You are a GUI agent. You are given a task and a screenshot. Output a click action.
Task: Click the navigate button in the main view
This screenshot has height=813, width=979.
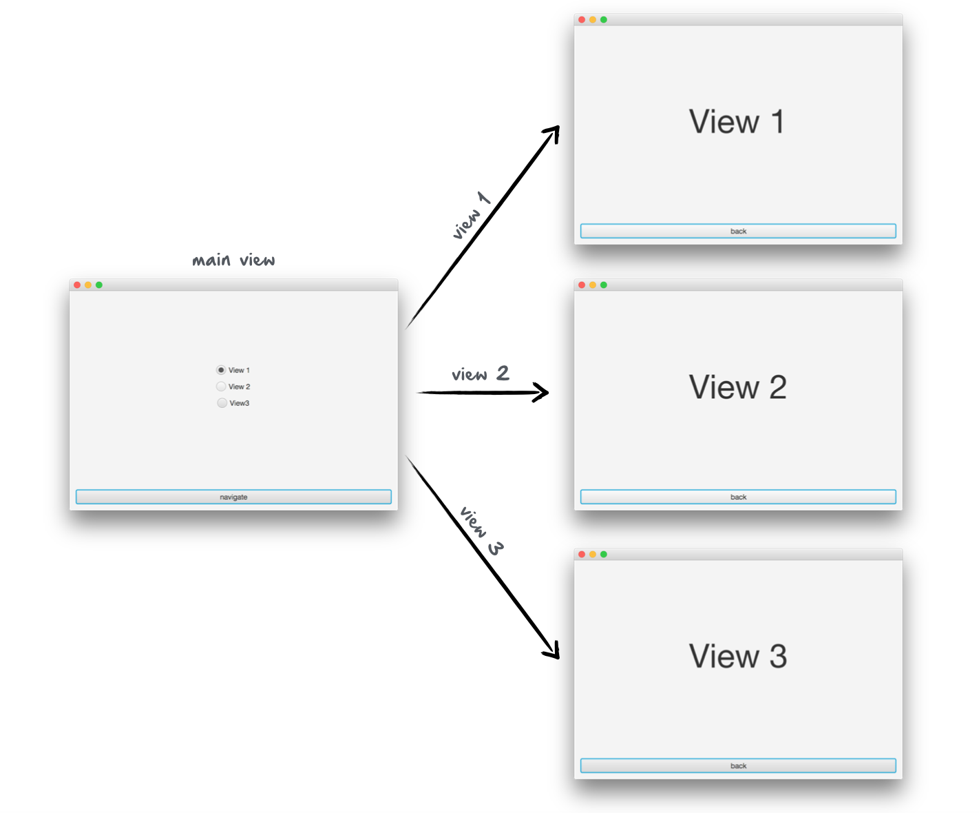[x=233, y=497]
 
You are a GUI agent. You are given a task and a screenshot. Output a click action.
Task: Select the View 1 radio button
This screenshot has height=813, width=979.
[x=221, y=370]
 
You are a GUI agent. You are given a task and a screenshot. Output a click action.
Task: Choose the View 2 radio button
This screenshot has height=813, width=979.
[x=221, y=387]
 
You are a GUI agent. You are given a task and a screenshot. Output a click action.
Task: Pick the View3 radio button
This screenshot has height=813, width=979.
[x=222, y=403]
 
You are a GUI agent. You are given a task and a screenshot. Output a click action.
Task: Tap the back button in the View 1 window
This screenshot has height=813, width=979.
[x=738, y=231]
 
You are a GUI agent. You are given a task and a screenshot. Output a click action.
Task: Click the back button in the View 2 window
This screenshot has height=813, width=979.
[x=738, y=497]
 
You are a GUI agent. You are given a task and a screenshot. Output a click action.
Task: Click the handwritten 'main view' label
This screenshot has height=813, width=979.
[x=233, y=260]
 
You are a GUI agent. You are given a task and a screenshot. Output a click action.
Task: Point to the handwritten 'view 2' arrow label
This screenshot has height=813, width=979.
[x=480, y=374]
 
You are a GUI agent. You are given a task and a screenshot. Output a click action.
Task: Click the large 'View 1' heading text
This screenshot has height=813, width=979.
[x=737, y=122]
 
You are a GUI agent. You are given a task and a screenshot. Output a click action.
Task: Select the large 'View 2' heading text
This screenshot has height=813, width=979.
[x=737, y=387]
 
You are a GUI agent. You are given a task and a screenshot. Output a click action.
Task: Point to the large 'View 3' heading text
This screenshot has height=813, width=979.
[x=737, y=656]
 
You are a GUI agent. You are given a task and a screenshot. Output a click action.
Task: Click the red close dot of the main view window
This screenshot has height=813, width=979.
[x=77, y=285]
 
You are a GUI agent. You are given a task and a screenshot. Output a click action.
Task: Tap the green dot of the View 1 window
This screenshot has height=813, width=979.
[x=604, y=20]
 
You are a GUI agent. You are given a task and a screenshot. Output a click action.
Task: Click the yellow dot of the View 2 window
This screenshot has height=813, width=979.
[x=593, y=285]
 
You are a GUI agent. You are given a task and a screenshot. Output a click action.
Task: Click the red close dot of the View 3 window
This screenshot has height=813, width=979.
[x=582, y=555]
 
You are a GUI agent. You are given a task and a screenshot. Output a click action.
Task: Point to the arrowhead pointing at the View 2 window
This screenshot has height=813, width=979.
[x=543, y=393]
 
